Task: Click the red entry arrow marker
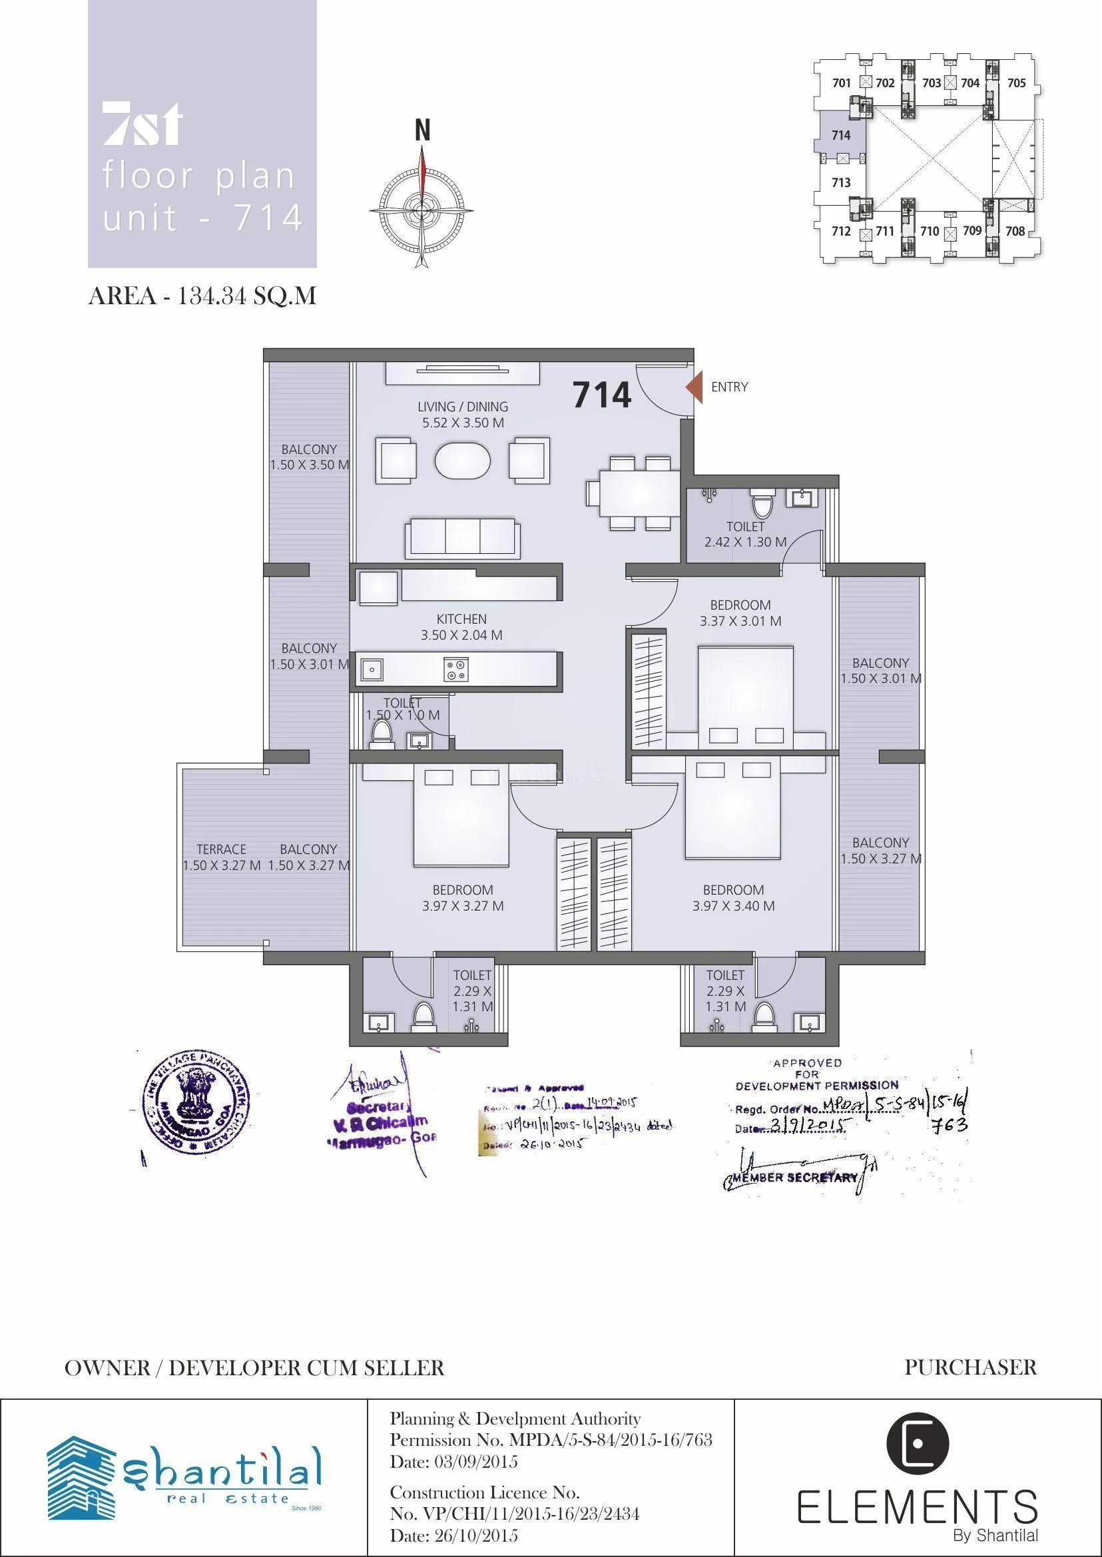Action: pos(694,387)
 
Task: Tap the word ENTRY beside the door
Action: pos(730,387)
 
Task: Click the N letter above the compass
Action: pos(422,130)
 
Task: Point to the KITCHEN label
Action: pos(461,618)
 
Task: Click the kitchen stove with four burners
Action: pos(455,669)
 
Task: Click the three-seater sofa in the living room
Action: pos(462,539)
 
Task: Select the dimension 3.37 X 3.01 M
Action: pos(740,621)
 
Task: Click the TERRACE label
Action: pos(221,849)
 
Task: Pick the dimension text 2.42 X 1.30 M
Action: pos(745,542)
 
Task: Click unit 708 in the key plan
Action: pos(1015,231)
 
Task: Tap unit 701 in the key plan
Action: pos(842,83)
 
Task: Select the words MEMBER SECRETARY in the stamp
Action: pos(796,1178)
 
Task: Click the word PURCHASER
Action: pos(970,1367)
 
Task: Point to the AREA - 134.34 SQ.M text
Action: pos(202,296)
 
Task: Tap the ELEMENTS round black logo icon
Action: pos(918,1443)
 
